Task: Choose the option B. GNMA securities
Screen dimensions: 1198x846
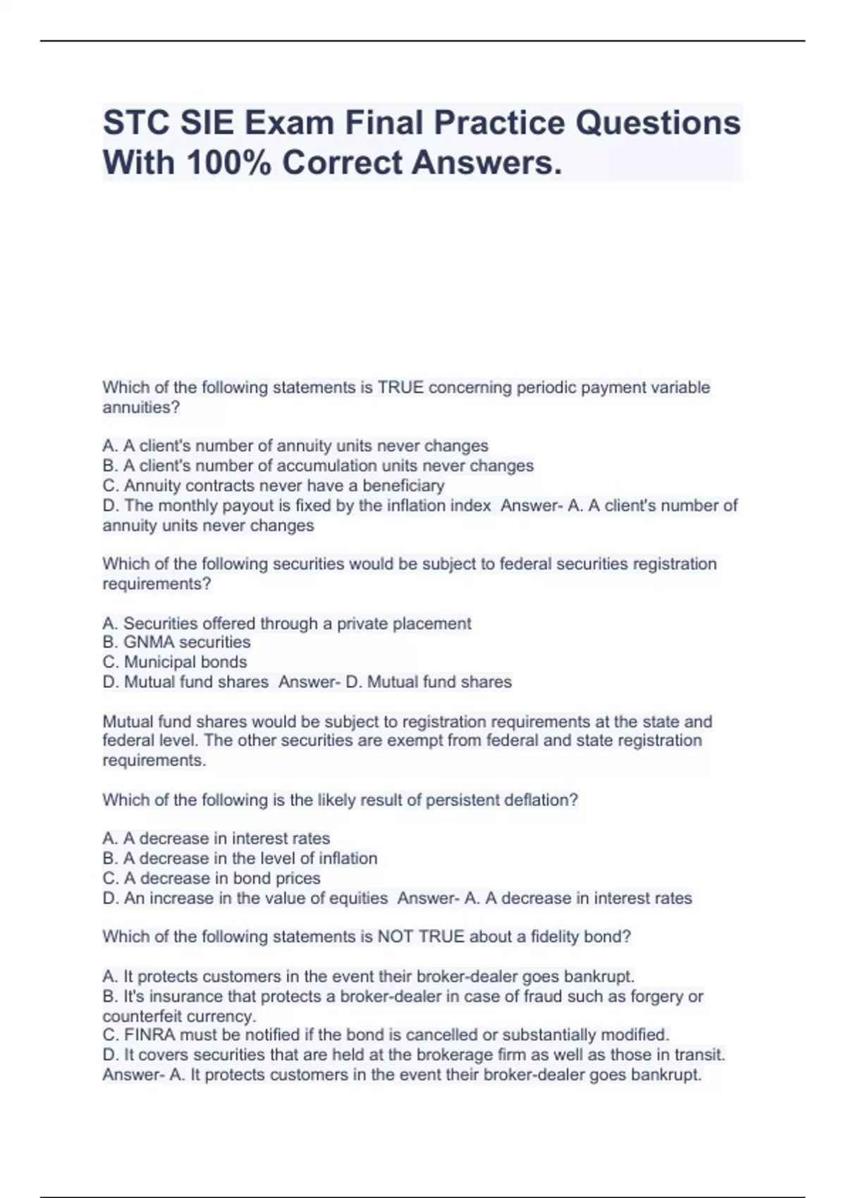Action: point(176,642)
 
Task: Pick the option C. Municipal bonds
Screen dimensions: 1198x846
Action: point(175,662)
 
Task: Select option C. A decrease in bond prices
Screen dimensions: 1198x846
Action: point(211,878)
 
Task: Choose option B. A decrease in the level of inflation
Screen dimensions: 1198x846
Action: point(240,858)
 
